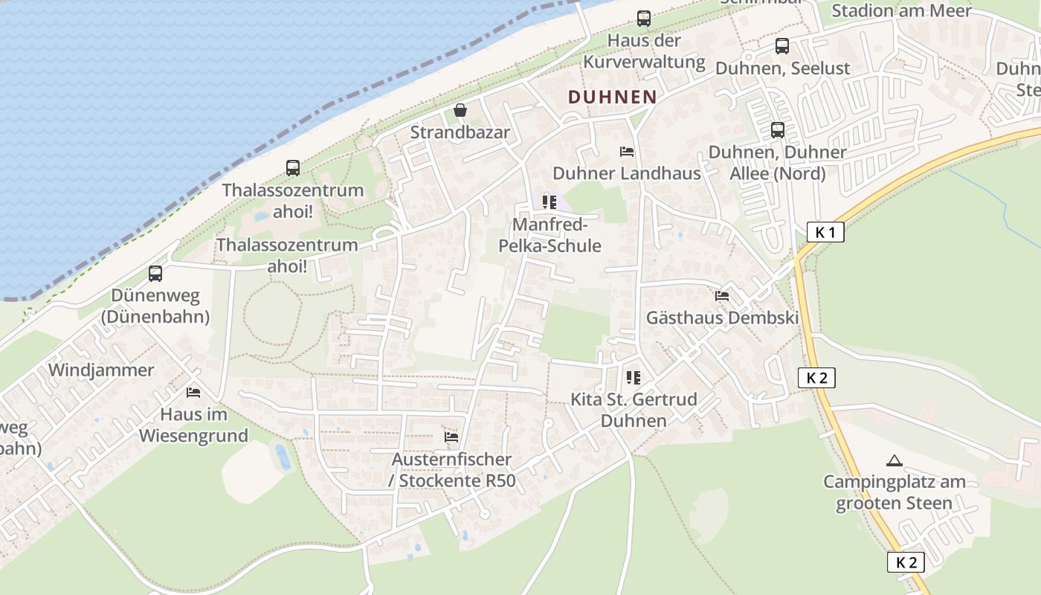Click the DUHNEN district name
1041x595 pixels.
612,97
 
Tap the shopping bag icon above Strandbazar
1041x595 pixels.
460,111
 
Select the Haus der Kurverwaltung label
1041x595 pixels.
644,51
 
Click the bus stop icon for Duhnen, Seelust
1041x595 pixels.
781,46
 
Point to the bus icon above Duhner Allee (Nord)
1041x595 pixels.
777,130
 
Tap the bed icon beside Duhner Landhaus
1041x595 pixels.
627,152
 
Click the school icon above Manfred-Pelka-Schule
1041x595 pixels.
549,202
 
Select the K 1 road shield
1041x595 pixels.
825,232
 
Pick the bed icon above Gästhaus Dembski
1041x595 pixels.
721,296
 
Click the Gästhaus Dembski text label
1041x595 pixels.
722,318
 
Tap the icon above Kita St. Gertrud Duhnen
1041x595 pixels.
633,378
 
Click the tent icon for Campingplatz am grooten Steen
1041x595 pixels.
894,460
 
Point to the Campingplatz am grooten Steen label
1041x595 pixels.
894,492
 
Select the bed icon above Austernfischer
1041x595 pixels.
451,437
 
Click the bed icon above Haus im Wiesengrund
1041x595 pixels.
193,392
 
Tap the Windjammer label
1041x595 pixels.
101,370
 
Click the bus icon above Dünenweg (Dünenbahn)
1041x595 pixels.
155,274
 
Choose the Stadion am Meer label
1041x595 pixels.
900,10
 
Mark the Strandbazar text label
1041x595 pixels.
460,132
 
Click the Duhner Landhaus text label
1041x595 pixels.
627,173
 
